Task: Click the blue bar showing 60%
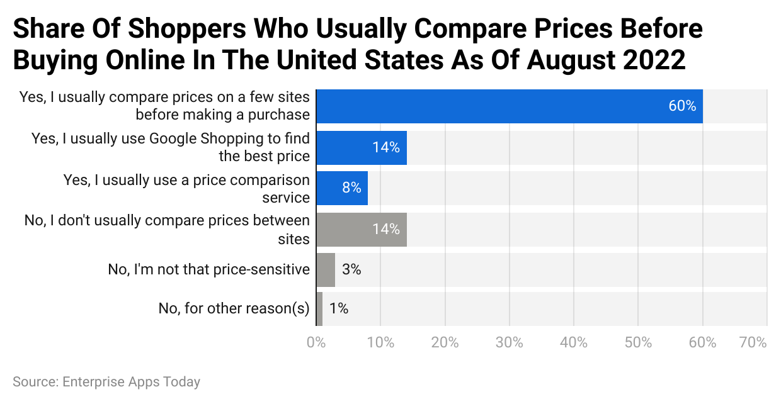(x=509, y=106)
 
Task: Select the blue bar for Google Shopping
(x=361, y=147)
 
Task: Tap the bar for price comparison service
(x=341, y=188)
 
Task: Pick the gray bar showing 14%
(x=361, y=229)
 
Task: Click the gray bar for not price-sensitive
(x=325, y=270)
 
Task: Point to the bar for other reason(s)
(x=319, y=308)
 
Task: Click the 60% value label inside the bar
(x=682, y=106)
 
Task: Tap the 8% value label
(x=351, y=188)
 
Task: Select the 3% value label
(x=351, y=270)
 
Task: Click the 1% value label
(x=339, y=308)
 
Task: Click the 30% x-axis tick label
(x=509, y=343)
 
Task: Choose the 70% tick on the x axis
(x=753, y=343)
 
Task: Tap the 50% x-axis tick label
(x=638, y=343)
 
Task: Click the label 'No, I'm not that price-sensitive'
(x=209, y=270)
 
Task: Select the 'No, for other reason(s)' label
(x=234, y=308)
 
